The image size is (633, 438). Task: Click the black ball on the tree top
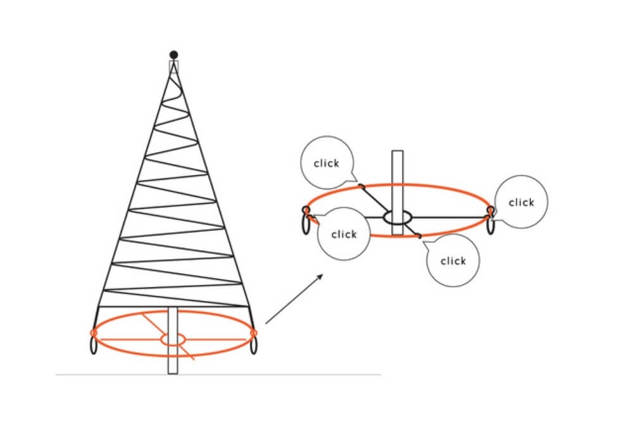tap(173, 54)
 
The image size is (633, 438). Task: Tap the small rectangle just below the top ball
tap(173, 67)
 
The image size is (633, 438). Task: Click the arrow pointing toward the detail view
tap(294, 299)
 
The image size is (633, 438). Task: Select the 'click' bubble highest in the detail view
tap(327, 162)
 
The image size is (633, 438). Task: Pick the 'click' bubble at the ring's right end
tap(521, 202)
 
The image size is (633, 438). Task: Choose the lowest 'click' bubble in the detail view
tap(453, 261)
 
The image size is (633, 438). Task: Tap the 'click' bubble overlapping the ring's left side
tap(344, 234)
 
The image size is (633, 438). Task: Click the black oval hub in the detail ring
tap(398, 217)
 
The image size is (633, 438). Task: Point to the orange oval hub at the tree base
tap(173, 339)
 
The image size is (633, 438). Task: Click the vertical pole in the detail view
tap(398, 193)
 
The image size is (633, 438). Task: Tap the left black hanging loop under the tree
tap(94, 345)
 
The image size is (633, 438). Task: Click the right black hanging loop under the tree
tap(254, 345)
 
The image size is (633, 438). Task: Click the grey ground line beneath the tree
tap(218, 375)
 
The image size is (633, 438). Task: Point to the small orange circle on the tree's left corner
tap(94, 333)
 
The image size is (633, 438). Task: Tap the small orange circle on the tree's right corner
tap(254, 333)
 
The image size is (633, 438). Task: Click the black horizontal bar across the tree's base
tap(173, 307)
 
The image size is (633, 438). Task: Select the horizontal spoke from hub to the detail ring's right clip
tap(451, 217)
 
